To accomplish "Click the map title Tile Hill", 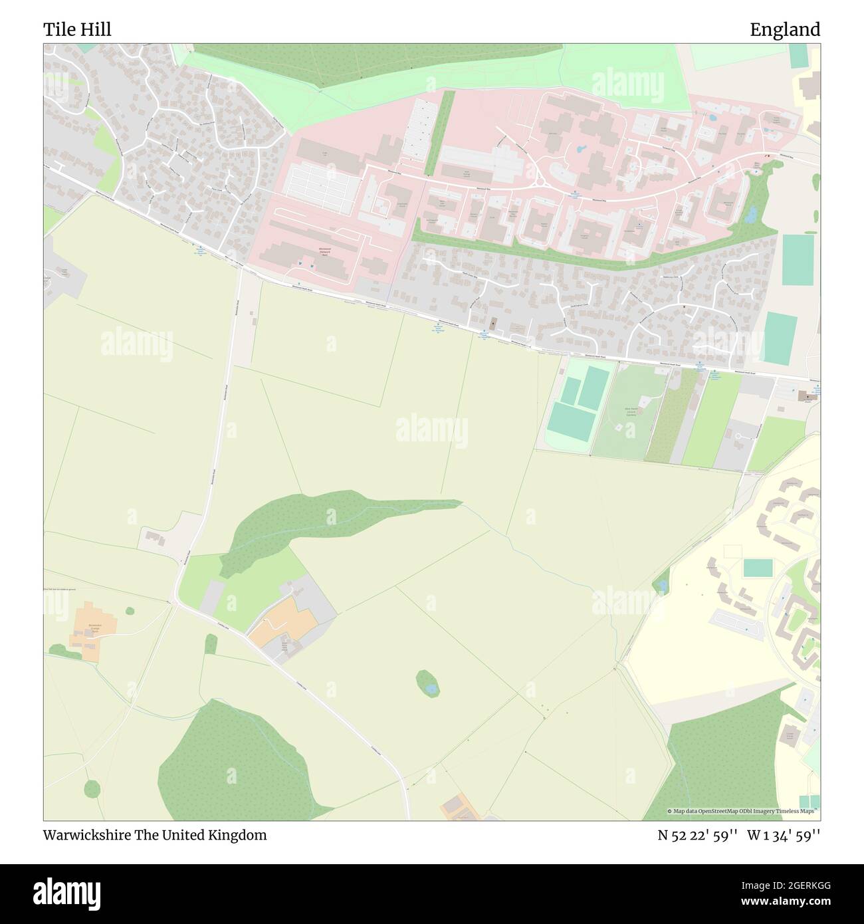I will pos(77,29).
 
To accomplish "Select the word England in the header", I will pos(785,29).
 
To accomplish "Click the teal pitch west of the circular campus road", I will pos(758,568).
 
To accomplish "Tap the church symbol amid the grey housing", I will pos(492,324).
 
